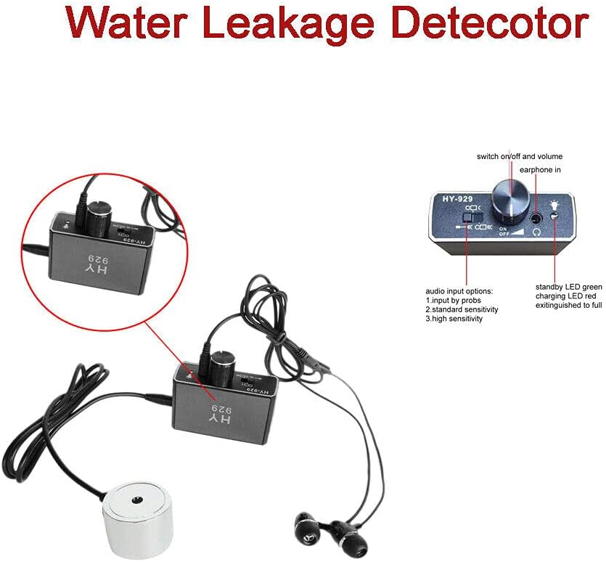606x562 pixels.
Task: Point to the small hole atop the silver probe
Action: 136,500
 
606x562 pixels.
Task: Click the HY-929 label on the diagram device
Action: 458,199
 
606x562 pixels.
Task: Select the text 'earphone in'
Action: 540,170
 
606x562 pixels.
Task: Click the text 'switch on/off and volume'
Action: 520,156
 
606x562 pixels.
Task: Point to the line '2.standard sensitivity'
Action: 462,309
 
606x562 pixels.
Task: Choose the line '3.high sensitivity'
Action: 454,319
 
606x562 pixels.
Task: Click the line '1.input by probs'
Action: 454,300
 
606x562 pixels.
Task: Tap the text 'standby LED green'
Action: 568,287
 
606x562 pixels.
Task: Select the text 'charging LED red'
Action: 565,296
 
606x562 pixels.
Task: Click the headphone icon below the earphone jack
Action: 536,232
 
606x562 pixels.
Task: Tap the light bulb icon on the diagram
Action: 555,204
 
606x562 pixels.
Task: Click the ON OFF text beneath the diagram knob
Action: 503,232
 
